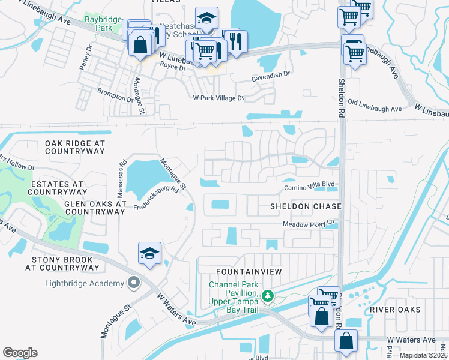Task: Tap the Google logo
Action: click(20, 353)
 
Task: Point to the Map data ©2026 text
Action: click(423, 355)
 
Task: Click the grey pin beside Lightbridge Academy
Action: click(133, 282)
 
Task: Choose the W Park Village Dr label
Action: click(218, 98)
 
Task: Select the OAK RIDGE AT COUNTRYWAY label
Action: click(75, 148)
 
